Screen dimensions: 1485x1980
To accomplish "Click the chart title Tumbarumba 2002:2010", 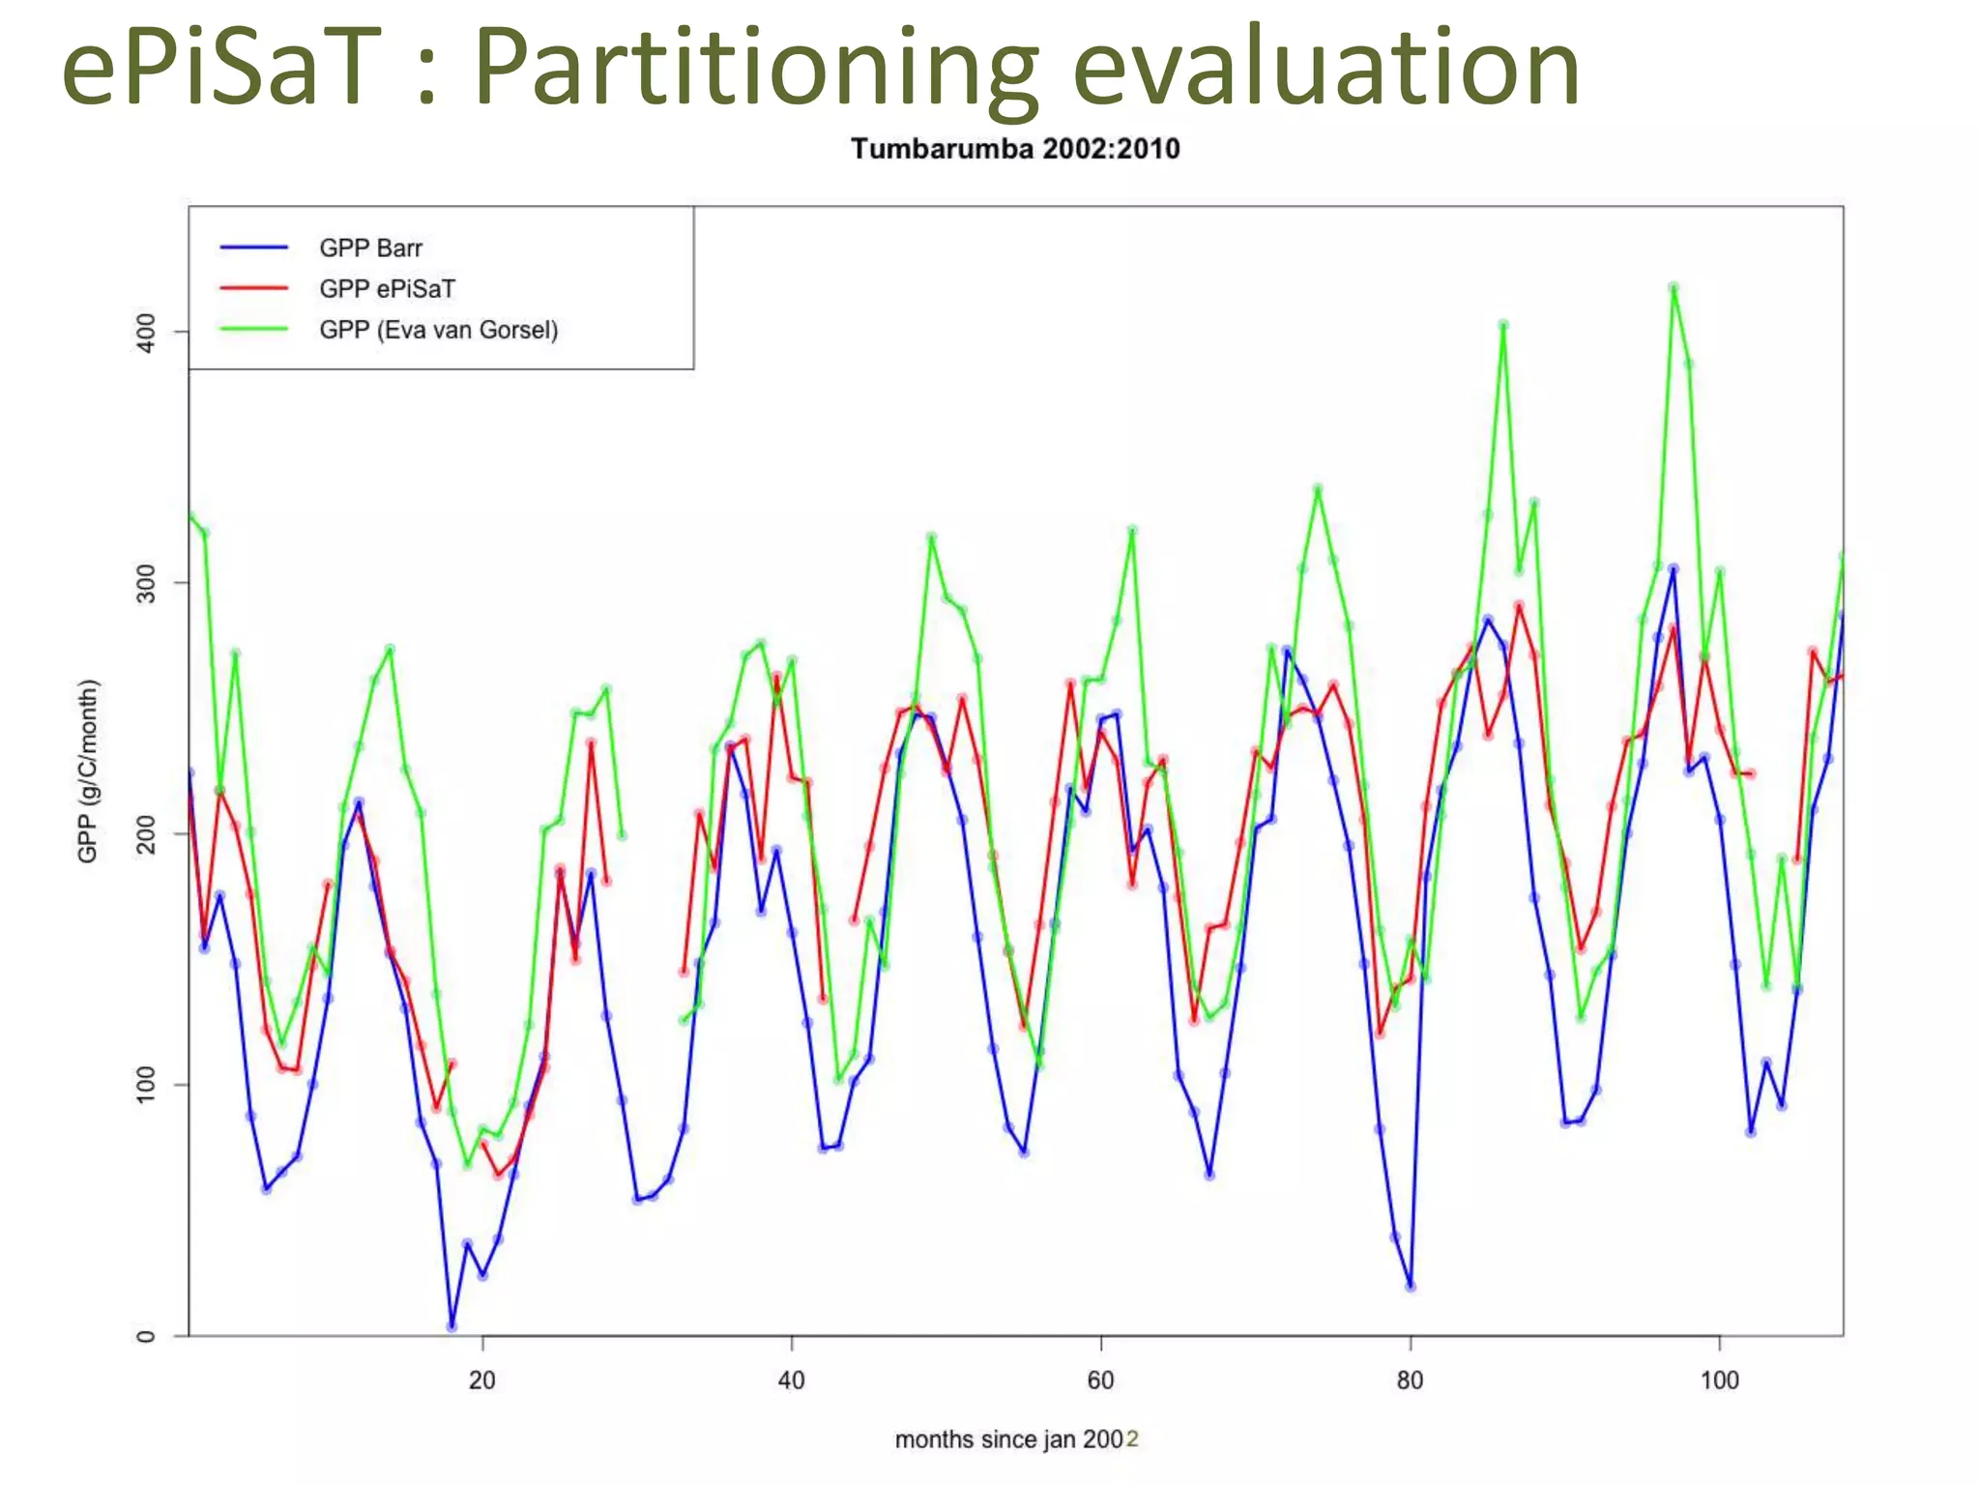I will coord(1014,149).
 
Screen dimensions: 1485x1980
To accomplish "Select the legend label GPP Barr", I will coord(370,248).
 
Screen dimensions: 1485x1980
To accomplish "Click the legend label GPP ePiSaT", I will coord(387,289).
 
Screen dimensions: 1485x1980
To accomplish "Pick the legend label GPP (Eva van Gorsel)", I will coord(438,331).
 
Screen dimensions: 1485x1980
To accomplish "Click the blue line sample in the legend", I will coord(253,248).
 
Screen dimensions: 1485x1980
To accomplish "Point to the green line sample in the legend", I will coord(253,330).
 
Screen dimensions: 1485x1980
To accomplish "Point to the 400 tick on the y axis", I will coord(146,332).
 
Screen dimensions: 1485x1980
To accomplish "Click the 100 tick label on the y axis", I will coord(146,1085).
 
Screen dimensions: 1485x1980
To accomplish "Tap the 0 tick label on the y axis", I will coord(146,1336).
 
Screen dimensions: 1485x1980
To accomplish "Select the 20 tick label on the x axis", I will coord(482,1381).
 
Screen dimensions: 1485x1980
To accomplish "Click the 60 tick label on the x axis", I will coord(1101,1381).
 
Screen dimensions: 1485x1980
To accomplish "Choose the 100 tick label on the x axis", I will coord(1719,1381).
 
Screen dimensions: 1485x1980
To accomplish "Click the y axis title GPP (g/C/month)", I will coord(88,771).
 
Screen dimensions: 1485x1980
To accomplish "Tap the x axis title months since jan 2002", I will coord(1016,1440).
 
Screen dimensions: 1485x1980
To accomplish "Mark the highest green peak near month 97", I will coord(1674,287).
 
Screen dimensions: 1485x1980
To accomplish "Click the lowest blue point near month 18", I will coord(451,1326).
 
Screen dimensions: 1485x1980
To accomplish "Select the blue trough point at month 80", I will coord(1411,1286).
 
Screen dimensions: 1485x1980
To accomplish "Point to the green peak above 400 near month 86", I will coord(1503,325).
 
